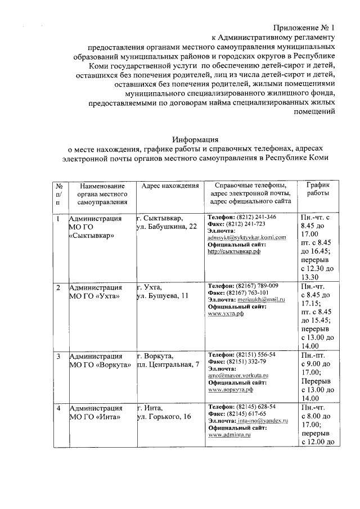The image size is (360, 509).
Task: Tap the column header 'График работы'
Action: coord(318,189)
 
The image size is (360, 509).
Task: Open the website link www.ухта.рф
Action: coord(226,314)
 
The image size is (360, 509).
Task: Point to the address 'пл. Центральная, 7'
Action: coord(168,365)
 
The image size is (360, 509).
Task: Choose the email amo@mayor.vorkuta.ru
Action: coord(238,375)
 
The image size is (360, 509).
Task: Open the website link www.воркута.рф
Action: coord(231,389)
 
